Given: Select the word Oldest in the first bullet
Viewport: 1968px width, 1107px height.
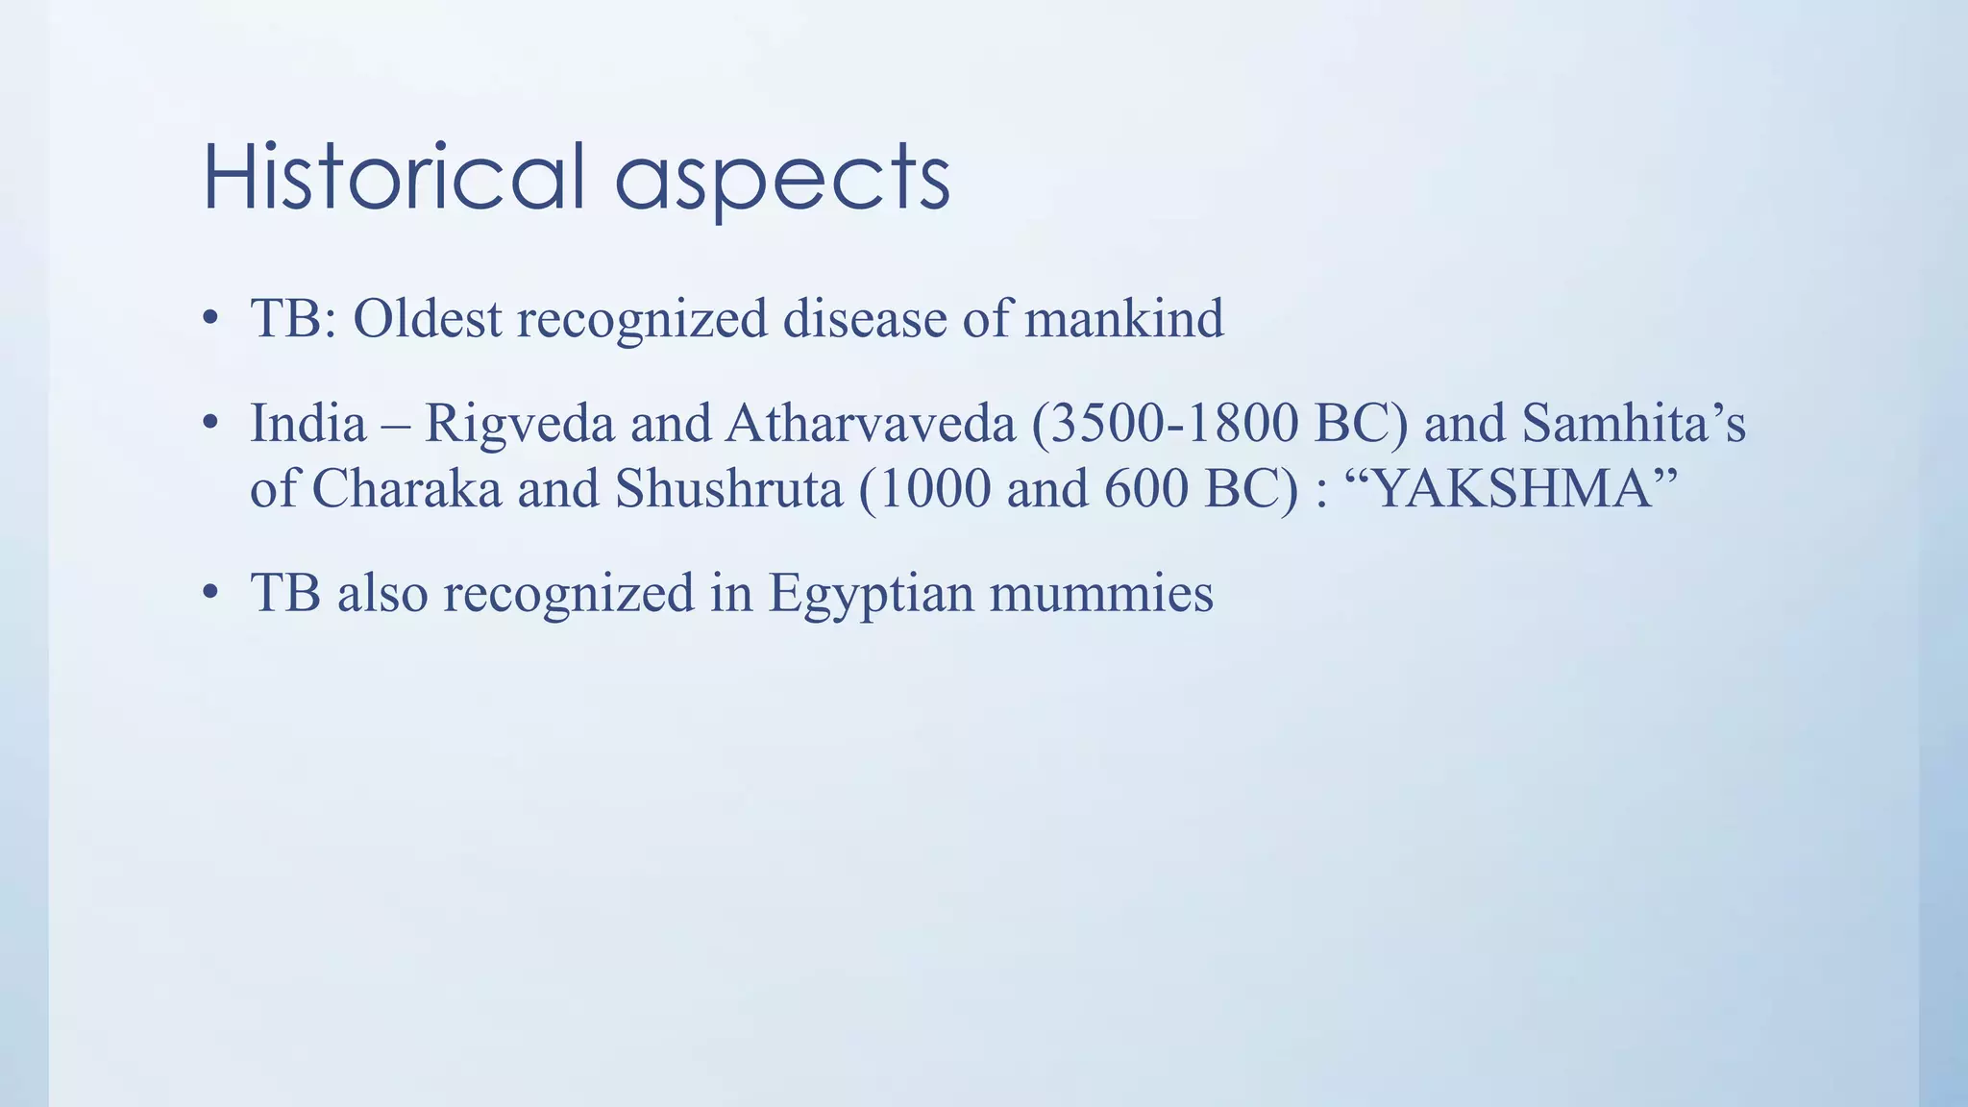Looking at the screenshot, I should pos(427,318).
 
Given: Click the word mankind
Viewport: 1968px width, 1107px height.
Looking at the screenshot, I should pos(1123,318).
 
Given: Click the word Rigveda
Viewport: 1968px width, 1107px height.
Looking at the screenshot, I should pos(519,424).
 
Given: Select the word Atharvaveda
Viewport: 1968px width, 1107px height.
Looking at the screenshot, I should pos(870,424).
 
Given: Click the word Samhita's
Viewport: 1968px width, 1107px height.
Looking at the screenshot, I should pos(1634,424).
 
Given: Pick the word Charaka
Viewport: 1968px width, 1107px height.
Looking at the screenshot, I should pos(406,489).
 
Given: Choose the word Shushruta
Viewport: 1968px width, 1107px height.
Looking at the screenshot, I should pos(729,489).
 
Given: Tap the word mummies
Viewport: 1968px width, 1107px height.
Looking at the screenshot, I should pos(1101,594).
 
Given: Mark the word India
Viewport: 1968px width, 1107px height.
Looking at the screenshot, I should pos(307,424).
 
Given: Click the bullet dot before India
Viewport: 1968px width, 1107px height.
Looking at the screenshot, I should pos(210,424).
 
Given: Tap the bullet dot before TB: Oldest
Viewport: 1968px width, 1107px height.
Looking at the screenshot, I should pos(210,319).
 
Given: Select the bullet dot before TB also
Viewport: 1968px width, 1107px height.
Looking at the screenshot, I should pos(210,593).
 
